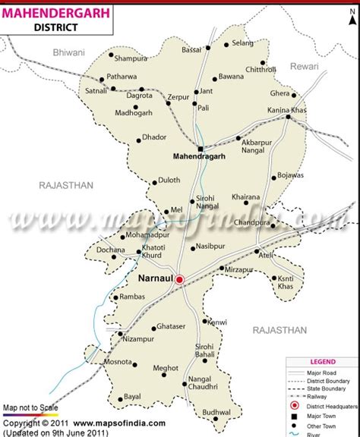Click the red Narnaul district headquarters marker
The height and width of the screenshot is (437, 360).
click(x=180, y=279)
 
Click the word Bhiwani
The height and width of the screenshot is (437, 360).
click(x=69, y=52)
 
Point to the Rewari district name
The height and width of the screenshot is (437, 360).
click(x=320, y=67)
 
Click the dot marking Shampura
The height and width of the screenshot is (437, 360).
click(x=111, y=55)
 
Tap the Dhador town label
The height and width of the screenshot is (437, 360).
click(x=155, y=139)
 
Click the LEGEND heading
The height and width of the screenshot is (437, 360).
click(x=323, y=362)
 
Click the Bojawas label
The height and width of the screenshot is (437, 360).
click(x=290, y=175)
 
